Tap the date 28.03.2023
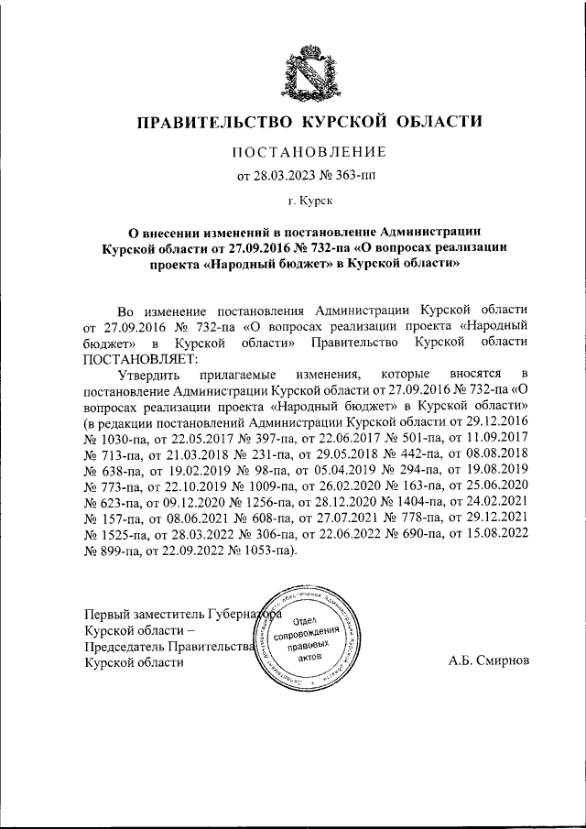284,176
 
